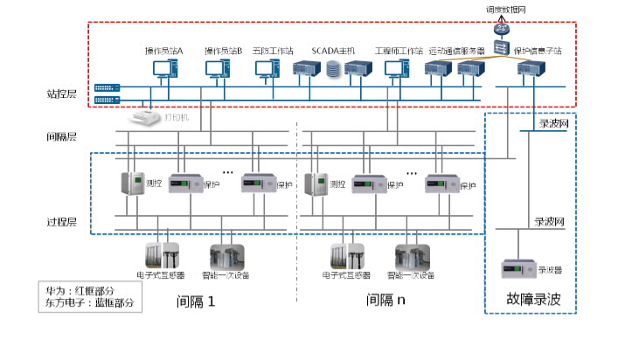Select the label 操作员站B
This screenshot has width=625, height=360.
tap(223, 51)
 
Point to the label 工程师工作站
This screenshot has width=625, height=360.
tap(399, 51)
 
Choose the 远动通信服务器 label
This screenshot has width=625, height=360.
tap(456, 51)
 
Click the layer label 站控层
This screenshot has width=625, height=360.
tap(62, 93)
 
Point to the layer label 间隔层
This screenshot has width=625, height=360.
tap(62, 136)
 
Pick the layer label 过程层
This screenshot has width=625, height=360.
tap(62, 222)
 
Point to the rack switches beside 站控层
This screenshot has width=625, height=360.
tap(107, 93)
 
